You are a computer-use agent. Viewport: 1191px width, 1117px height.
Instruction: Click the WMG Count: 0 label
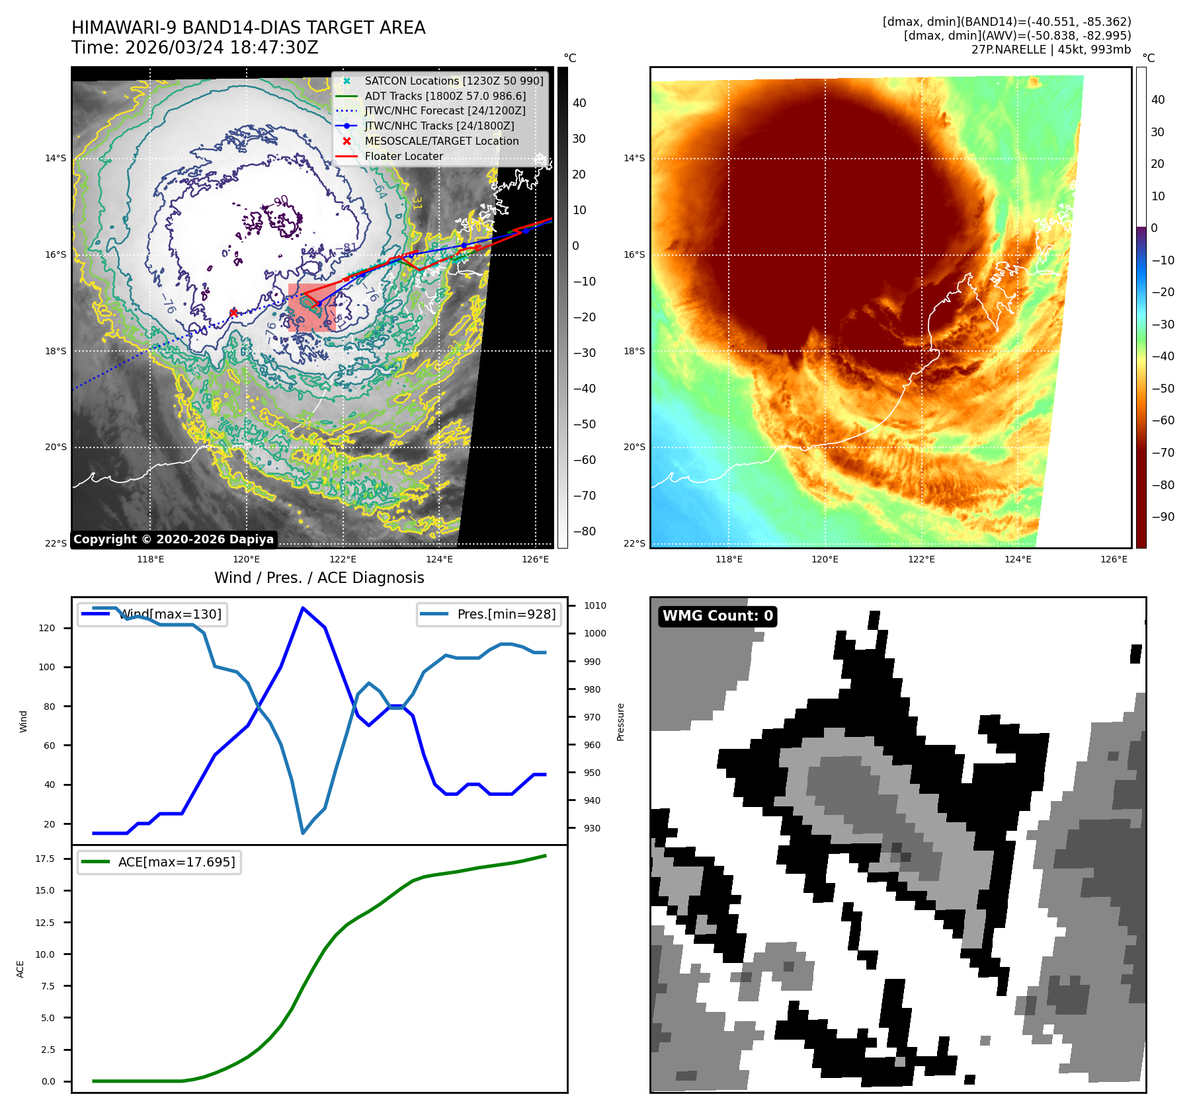pos(718,616)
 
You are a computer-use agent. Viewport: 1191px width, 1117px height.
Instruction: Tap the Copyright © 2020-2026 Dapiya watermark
pos(173,539)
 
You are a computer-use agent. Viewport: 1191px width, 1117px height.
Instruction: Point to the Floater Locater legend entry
pos(403,156)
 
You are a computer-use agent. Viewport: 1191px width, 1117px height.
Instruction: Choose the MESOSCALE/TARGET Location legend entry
pos(441,141)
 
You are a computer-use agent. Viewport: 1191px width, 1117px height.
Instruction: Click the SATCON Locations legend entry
pos(454,81)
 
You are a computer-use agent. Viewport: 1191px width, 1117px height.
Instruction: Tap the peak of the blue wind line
pos(302,607)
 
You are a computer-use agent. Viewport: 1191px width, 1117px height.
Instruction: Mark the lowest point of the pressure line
pos(303,833)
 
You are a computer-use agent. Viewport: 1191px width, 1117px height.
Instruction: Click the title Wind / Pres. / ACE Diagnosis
pos(319,578)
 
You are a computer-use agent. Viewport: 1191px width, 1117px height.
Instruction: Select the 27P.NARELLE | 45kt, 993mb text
pos(1051,50)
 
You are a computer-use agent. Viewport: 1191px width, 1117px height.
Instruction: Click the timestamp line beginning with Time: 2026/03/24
pos(195,48)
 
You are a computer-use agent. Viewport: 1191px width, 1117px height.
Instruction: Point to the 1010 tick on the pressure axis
pos(595,605)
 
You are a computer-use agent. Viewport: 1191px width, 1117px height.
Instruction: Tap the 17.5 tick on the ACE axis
pos(45,859)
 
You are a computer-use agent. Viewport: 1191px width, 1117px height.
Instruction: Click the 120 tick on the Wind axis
pos(47,628)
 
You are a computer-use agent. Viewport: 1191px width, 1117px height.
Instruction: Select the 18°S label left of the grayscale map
pos(56,351)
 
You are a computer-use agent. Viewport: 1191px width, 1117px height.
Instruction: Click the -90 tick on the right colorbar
pos(1163,517)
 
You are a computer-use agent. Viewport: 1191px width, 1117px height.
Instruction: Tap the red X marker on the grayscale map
pos(233,313)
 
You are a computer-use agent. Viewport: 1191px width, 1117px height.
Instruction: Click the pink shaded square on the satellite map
pos(312,308)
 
